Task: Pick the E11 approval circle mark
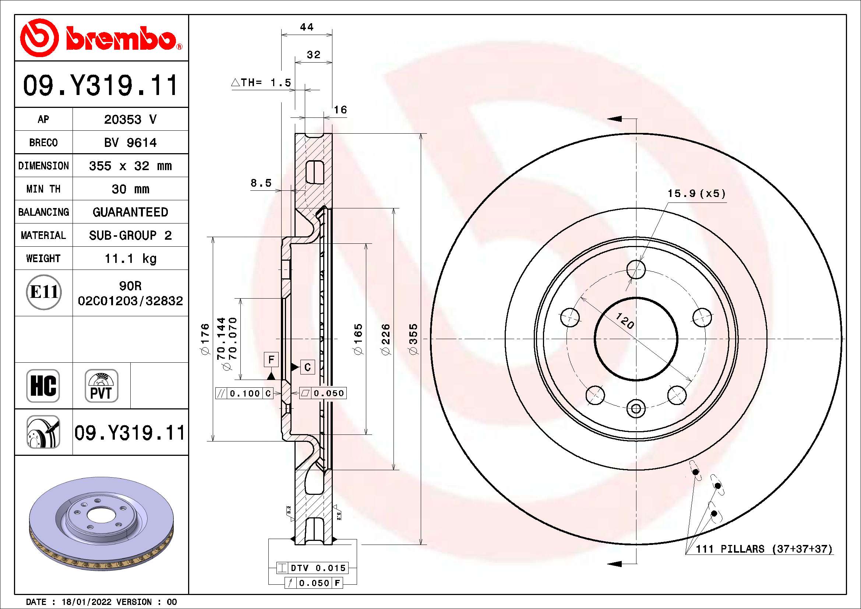tap(44, 292)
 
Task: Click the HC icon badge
tap(43, 386)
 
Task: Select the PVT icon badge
tap(101, 386)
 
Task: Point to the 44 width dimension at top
tap(307, 27)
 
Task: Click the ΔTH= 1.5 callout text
tap(262, 82)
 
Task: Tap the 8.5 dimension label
tap(261, 183)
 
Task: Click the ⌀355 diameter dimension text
tap(413, 339)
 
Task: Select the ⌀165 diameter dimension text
tap(358, 339)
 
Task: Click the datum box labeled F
tap(271, 360)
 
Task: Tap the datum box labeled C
tap(307, 367)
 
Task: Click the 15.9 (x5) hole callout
tap(696, 194)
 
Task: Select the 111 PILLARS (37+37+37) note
tap(763, 549)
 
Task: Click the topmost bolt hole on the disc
tap(636, 269)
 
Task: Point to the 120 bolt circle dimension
tap(625, 321)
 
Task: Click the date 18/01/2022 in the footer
tap(86, 602)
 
